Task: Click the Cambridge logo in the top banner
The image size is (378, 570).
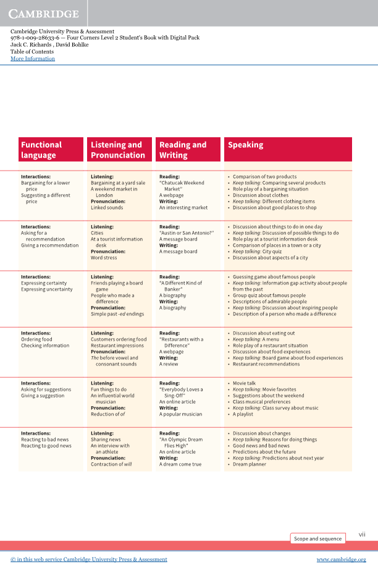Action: (44, 14)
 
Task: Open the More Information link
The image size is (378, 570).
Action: (33, 59)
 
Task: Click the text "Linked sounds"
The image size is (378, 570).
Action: (107, 208)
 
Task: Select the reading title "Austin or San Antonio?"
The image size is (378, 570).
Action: (187, 233)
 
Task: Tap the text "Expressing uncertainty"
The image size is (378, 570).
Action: (47, 289)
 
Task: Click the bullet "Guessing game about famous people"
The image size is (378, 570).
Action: (274, 277)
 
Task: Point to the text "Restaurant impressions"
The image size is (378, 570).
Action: (117, 346)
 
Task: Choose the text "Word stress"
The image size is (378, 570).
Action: (104, 258)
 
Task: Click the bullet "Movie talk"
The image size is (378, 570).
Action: (244, 383)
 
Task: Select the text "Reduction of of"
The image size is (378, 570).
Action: (108, 414)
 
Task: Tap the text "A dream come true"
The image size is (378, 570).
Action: (180, 464)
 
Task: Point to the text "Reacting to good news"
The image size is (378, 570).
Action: (46, 446)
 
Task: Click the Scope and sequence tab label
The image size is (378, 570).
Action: (317, 538)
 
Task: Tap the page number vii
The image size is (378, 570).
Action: (362, 534)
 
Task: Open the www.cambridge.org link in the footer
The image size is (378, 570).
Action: (342, 559)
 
